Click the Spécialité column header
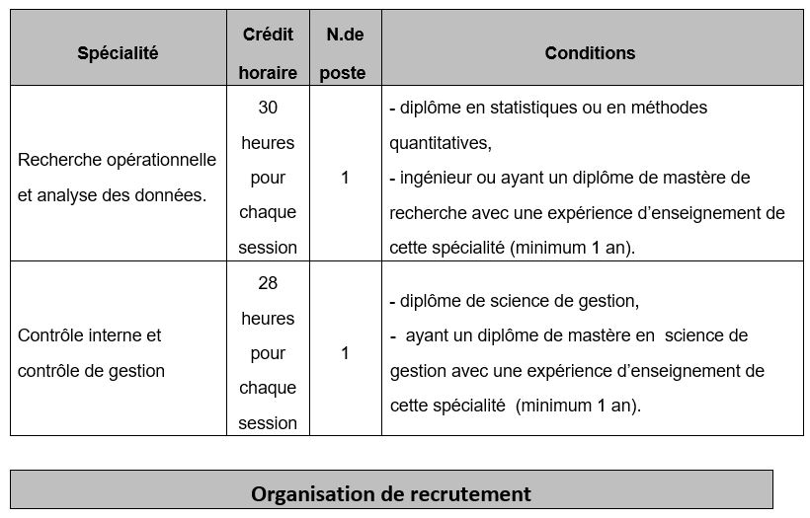[x=118, y=53]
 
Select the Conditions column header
[x=590, y=53]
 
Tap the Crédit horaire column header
[x=268, y=53]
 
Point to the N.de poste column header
[x=345, y=53]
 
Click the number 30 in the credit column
[x=268, y=108]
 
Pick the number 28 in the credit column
[x=268, y=283]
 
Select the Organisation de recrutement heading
[x=390, y=493]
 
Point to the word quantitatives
[x=439, y=143]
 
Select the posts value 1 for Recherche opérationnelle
[x=345, y=178]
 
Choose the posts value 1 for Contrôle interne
[x=345, y=353]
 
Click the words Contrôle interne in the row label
[x=89, y=335]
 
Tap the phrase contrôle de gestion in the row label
[x=91, y=371]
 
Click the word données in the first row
[x=174, y=195]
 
